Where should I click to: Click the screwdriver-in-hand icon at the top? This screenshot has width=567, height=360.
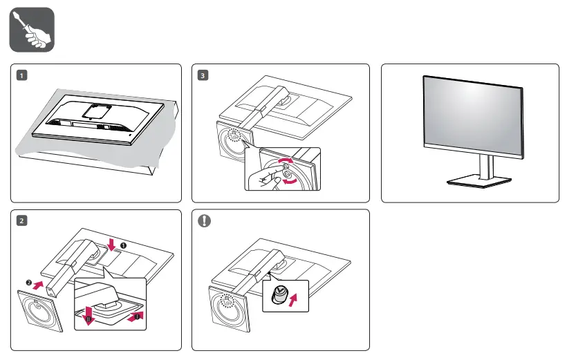tap(32, 30)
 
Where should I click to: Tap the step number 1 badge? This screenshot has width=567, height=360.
tap(23, 75)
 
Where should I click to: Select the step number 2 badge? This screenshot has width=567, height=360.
tap(23, 220)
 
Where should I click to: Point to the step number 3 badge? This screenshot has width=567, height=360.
tap(203, 75)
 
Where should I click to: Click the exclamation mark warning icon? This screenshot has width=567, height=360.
tap(203, 221)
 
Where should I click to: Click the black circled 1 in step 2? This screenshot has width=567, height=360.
tap(124, 245)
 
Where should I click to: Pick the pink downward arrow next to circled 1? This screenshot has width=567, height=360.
tap(113, 243)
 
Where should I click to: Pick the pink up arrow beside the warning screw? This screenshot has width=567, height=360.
tap(297, 300)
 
